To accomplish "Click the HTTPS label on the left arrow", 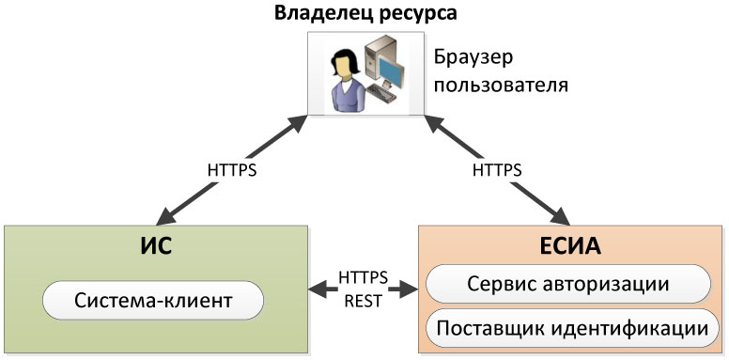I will coord(232,171).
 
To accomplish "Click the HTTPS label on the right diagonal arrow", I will coord(498,171).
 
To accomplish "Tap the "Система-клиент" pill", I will coord(153,302).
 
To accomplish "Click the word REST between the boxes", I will coord(363,302).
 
